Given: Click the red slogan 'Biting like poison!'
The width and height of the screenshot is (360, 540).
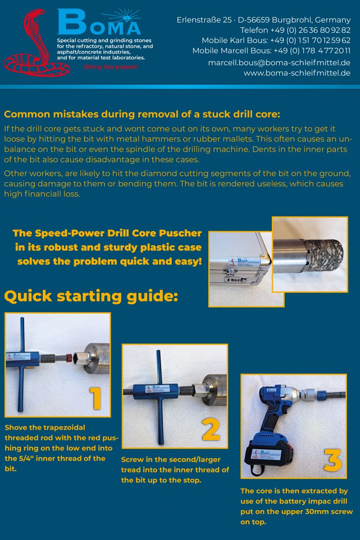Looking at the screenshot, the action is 111,67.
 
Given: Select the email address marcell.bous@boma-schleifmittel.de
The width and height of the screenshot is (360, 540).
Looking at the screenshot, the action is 279,63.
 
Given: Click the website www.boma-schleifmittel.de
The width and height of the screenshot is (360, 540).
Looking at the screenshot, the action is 297,73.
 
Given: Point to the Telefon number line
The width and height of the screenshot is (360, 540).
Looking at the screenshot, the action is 295,30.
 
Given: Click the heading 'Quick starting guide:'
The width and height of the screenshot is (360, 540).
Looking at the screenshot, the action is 91,296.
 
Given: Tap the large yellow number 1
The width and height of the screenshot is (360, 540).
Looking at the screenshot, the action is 95,398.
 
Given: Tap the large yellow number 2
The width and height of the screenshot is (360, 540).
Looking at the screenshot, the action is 211,430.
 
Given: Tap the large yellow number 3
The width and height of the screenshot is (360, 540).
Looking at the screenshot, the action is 332,460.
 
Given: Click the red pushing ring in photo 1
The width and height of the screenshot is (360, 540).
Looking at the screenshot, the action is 69,358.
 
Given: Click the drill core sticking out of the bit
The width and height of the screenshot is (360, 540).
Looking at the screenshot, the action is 326,255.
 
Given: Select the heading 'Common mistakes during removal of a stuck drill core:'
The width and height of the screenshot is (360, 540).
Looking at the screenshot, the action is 142,114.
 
